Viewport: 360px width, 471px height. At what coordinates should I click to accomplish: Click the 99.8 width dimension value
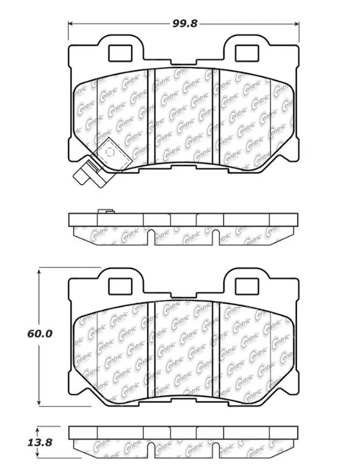pos(184,24)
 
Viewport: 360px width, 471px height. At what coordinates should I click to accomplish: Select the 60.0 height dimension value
pos(39,334)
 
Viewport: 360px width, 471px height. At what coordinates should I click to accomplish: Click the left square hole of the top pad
pos(120,53)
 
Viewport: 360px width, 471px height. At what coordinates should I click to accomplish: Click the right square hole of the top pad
pos(247,53)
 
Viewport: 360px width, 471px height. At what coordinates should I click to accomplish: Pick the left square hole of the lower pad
pos(120,286)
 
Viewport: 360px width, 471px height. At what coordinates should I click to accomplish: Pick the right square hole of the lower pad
pos(247,286)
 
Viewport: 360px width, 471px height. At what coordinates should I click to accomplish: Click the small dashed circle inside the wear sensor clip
pos(111,152)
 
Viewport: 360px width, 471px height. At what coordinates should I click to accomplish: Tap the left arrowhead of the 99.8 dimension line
pos(71,24)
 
